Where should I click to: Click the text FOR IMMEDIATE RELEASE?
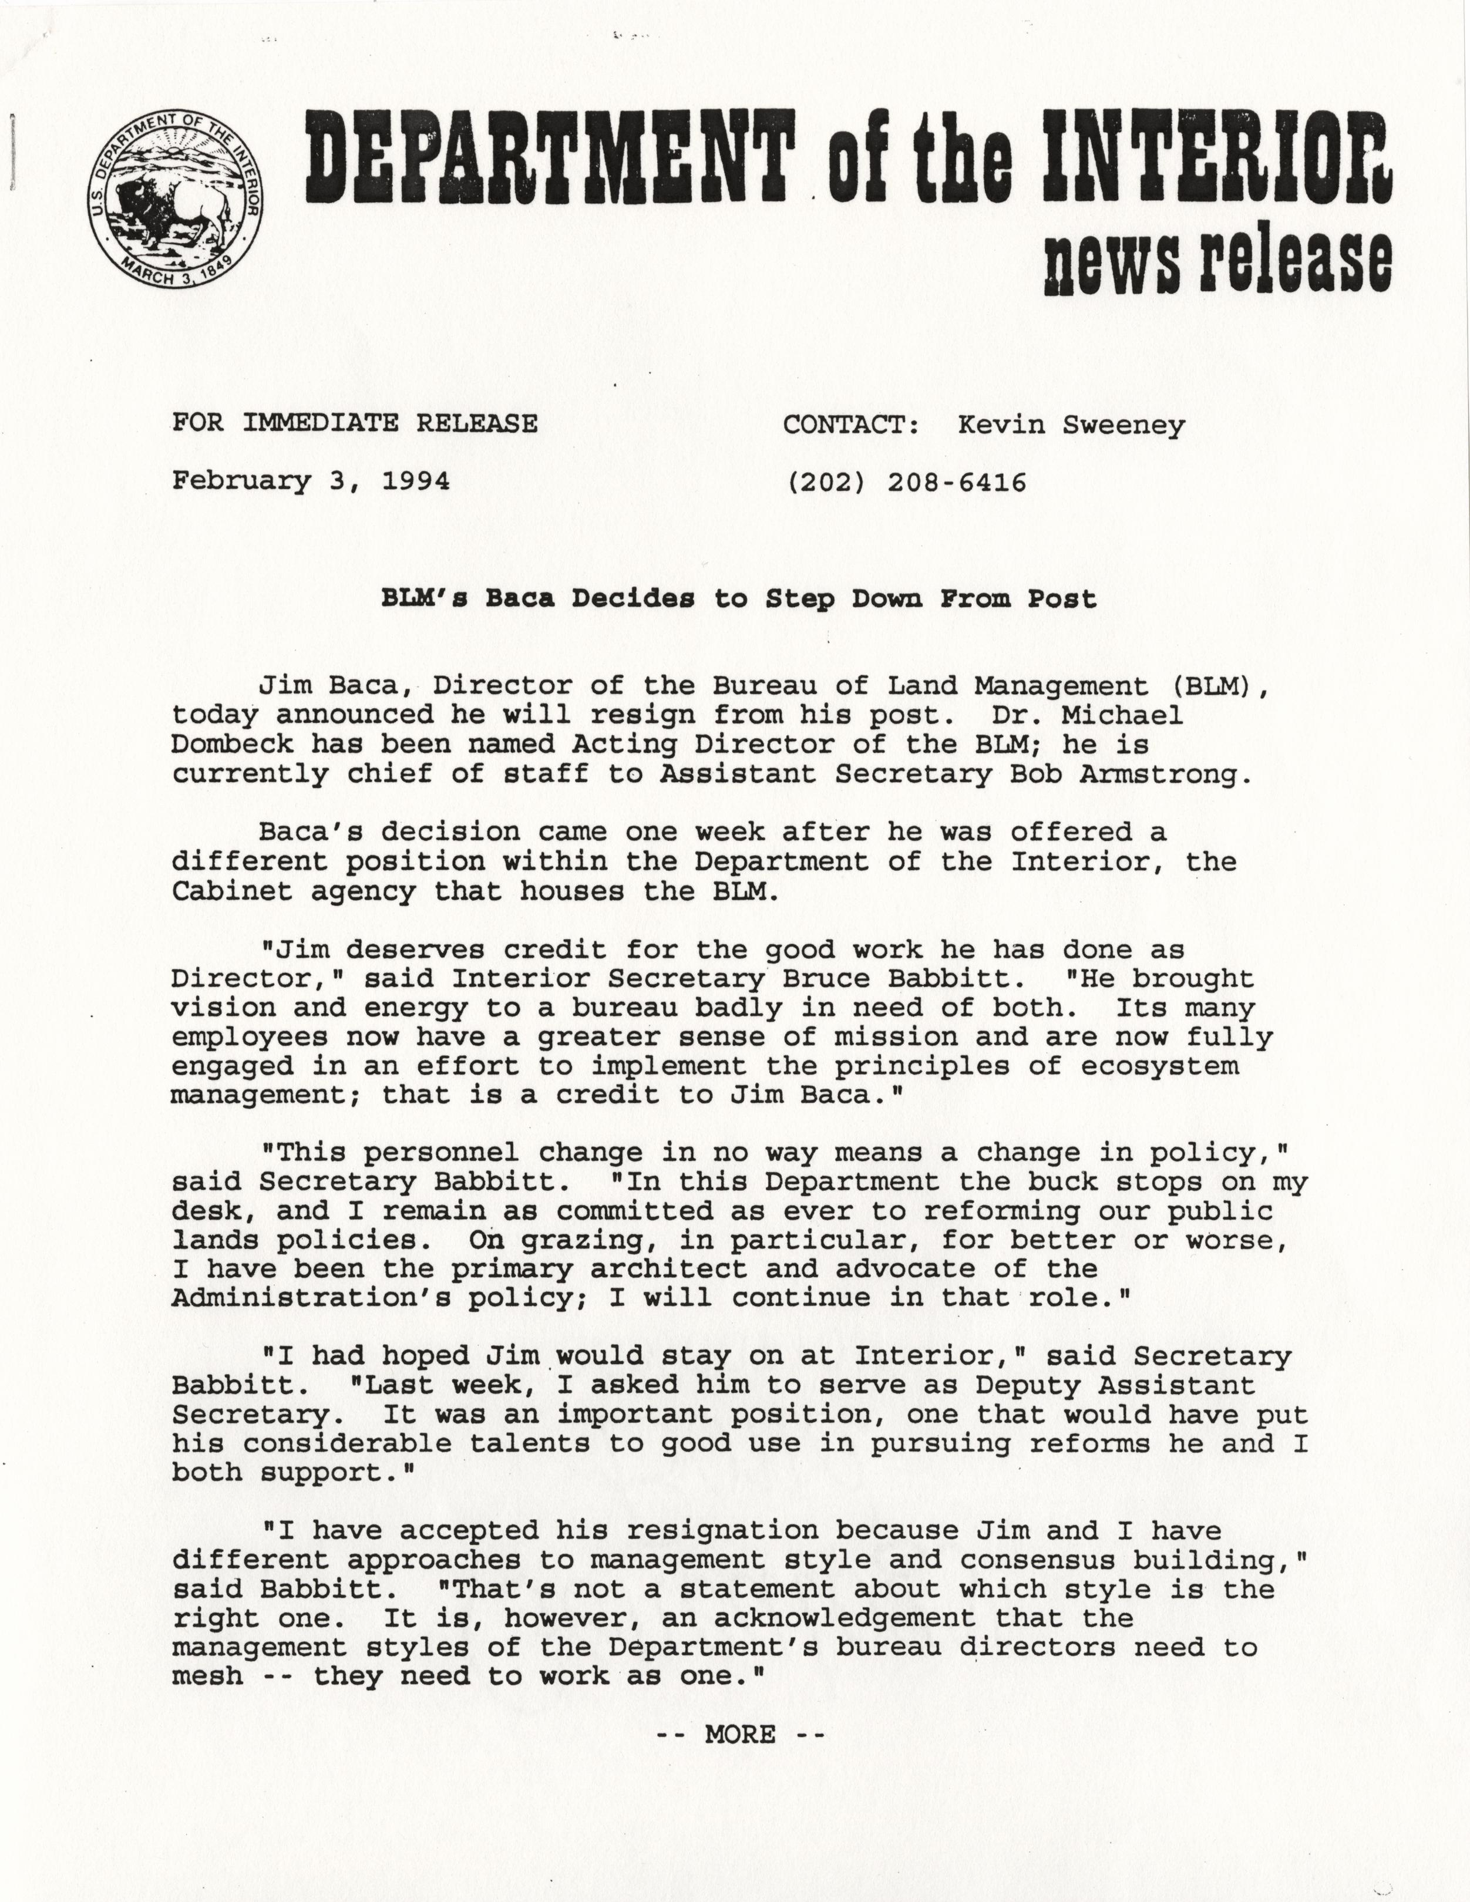pyautogui.click(x=355, y=423)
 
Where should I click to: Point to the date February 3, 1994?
pyautogui.click(x=311, y=481)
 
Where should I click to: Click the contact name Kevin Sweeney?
pyautogui.click(x=1071, y=425)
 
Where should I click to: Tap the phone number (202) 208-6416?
pyautogui.click(x=906, y=482)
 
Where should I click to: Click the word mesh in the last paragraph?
pyautogui.click(x=206, y=1677)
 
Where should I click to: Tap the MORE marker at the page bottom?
pyautogui.click(x=739, y=1735)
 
